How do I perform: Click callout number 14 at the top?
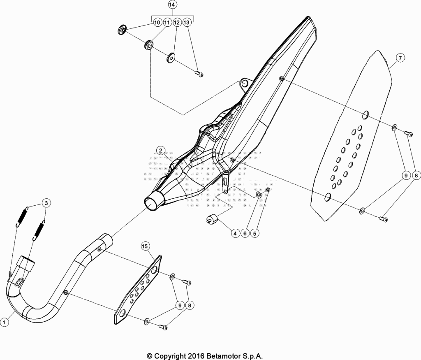click(172, 5)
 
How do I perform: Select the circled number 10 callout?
click(157, 22)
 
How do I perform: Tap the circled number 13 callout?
click(187, 22)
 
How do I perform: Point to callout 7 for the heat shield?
click(400, 58)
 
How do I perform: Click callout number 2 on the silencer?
click(161, 151)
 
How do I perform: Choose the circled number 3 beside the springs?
click(46, 203)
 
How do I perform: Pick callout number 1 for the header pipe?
click(4, 321)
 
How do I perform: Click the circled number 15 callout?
click(145, 246)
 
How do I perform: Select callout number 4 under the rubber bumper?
click(235, 233)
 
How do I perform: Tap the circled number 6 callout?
click(245, 233)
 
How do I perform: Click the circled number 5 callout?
click(254, 233)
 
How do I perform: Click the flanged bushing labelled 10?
click(123, 30)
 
